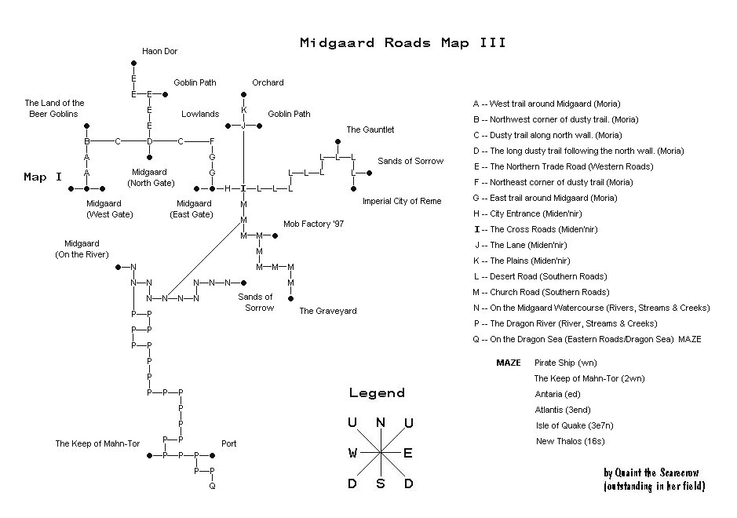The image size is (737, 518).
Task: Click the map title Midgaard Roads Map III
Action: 403,43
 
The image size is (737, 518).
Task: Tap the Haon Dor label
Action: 159,51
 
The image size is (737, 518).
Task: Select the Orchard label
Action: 268,82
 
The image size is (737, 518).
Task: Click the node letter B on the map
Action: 87,141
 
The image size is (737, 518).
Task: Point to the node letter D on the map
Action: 149,141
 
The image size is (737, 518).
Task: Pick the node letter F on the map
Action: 212,141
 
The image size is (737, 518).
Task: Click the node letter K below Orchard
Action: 243,110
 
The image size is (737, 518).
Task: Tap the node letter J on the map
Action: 243,126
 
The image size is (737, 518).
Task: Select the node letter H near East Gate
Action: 228,188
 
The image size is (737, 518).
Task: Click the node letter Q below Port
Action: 212,487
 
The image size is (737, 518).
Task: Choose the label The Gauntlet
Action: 370,129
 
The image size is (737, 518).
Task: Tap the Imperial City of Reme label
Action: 402,201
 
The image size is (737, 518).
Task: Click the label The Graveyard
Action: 328,311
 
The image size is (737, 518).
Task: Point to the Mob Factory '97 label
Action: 313,224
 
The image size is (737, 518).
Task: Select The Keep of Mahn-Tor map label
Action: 97,443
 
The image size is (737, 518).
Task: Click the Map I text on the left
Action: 43,177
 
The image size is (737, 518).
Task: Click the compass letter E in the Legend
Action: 408,453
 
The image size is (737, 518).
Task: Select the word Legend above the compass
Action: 377,393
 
